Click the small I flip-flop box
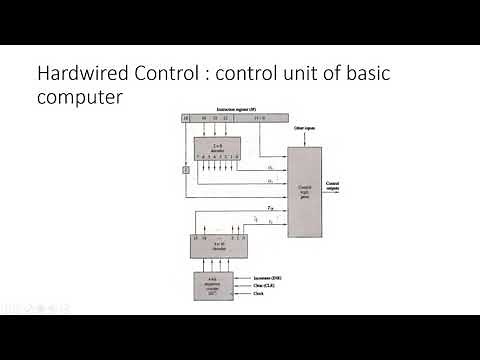pos(185,171)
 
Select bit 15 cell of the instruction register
pos(185,118)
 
